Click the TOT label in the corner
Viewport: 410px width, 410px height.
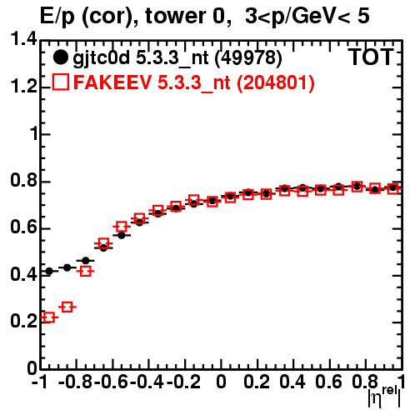coord(371,57)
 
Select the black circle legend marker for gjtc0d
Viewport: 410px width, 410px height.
coord(60,57)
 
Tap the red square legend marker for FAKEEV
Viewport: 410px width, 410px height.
coord(60,82)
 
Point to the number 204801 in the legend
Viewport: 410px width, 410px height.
coord(275,82)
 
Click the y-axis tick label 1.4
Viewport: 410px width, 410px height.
coord(23,39)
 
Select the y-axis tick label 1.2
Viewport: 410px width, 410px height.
coord(23,86)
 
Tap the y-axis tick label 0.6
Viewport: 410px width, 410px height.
coord(23,227)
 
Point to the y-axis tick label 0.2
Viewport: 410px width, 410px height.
coord(23,322)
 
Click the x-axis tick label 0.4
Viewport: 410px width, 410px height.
coord(292,382)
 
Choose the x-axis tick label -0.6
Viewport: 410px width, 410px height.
coord(112,382)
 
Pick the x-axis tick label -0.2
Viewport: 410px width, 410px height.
coord(183,382)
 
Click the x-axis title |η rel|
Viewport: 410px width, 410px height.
coord(384,397)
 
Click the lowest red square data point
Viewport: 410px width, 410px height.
coord(49,317)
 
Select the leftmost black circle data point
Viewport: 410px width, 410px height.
coord(49,271)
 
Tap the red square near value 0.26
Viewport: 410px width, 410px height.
coord(67,307)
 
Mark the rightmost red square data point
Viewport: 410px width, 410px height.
coord(393,189)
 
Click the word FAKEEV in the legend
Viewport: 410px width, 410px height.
coord(112,82)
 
